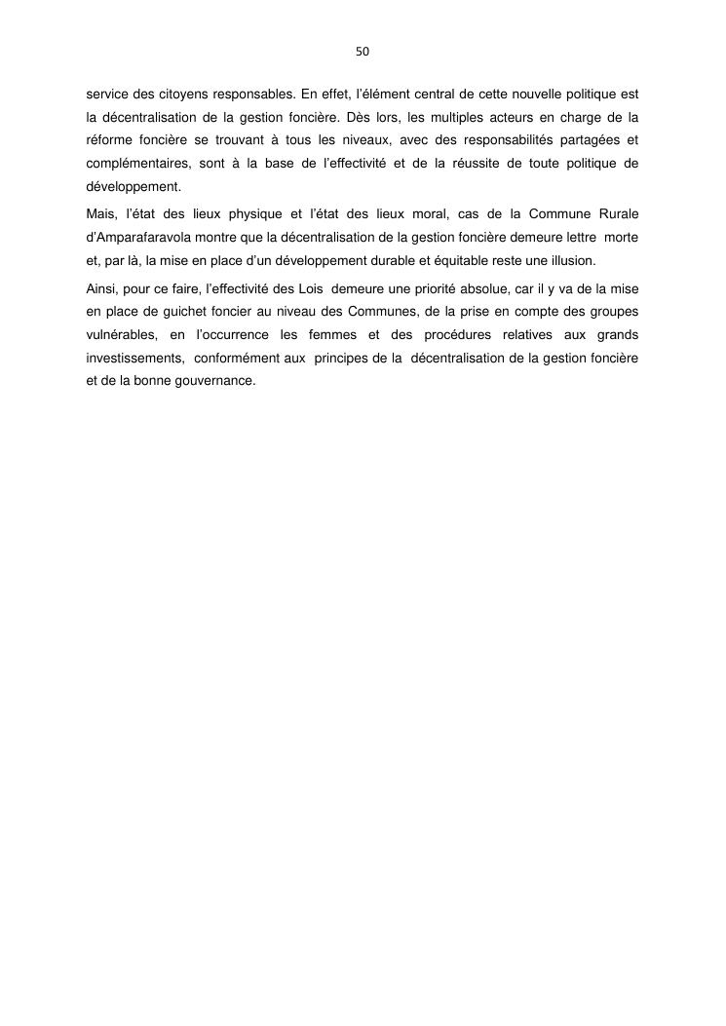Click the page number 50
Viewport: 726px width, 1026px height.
[363, 51]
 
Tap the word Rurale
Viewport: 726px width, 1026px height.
[616, 213]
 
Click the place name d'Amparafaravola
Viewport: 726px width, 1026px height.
[133, 237]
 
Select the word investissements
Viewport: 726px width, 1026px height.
[125, 358]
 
